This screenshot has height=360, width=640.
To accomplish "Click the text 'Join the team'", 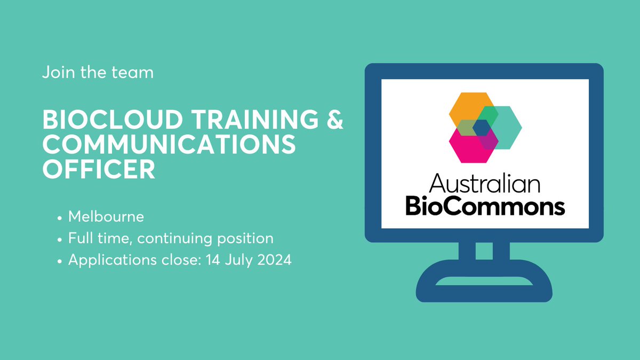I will pos(98,72).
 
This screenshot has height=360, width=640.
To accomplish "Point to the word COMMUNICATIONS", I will pos(169,146).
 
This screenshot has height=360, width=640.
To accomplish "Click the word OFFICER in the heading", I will pos(99,169).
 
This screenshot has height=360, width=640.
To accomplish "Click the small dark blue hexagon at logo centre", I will pos(482,127).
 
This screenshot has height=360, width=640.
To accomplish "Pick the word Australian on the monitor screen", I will pos(484,185).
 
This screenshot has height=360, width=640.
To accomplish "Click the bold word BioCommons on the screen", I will pos(484,206).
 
